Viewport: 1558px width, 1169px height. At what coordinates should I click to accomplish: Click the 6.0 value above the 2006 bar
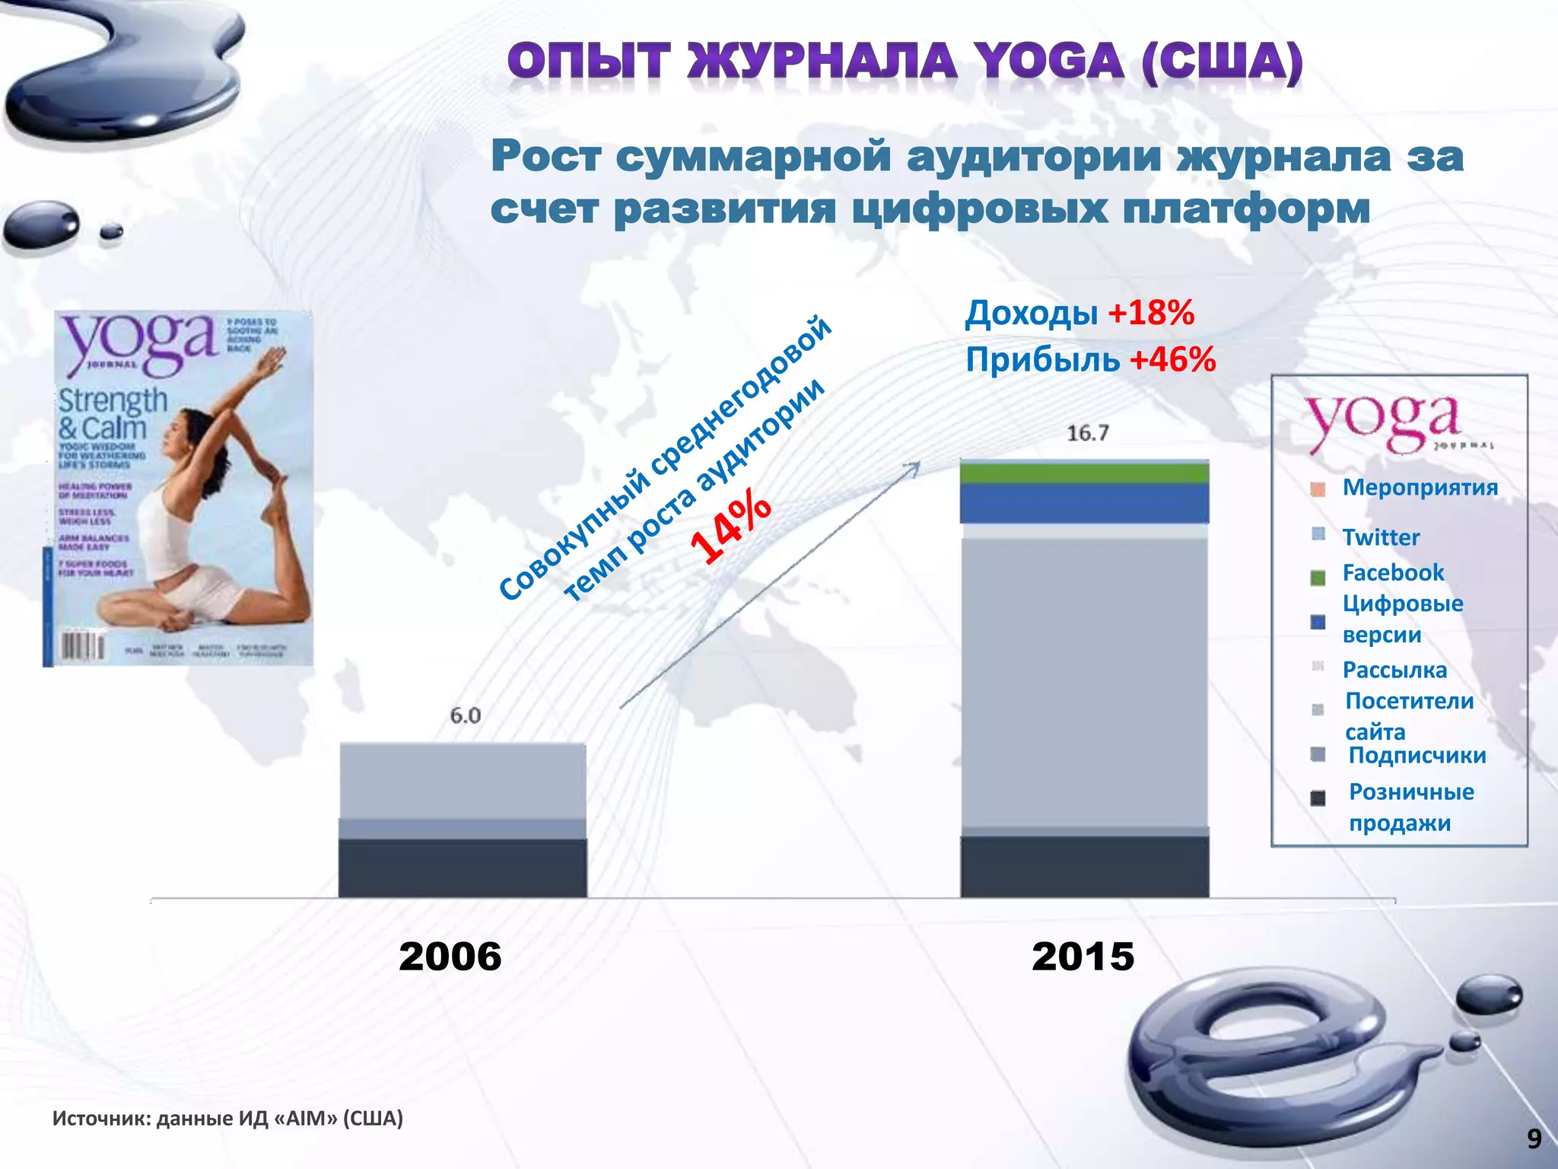465,715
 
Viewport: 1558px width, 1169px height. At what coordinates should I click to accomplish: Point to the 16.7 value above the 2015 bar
1087,433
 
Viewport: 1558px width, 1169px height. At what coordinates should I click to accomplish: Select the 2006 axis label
450,956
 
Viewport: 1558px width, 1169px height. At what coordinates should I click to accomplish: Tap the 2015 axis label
1083,956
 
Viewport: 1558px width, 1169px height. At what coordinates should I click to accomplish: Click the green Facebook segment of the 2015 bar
1084,474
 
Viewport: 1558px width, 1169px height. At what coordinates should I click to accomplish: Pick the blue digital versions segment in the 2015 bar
1084,503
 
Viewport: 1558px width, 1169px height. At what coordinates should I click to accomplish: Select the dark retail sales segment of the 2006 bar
463,868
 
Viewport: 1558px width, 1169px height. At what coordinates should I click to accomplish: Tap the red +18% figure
1151,313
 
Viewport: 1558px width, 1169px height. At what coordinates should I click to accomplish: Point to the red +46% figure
1172,359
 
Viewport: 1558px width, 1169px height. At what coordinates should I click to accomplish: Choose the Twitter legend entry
1380,537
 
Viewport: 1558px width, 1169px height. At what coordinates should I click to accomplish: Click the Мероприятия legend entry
1419,487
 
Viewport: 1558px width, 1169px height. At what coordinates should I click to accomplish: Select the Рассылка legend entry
1394,670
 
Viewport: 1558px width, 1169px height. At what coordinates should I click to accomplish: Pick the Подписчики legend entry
1417,755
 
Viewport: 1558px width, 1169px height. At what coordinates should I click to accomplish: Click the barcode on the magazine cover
82,646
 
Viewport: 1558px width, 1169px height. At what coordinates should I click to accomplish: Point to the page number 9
1534,1139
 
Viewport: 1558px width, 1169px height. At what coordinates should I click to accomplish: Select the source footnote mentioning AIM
227,1118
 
